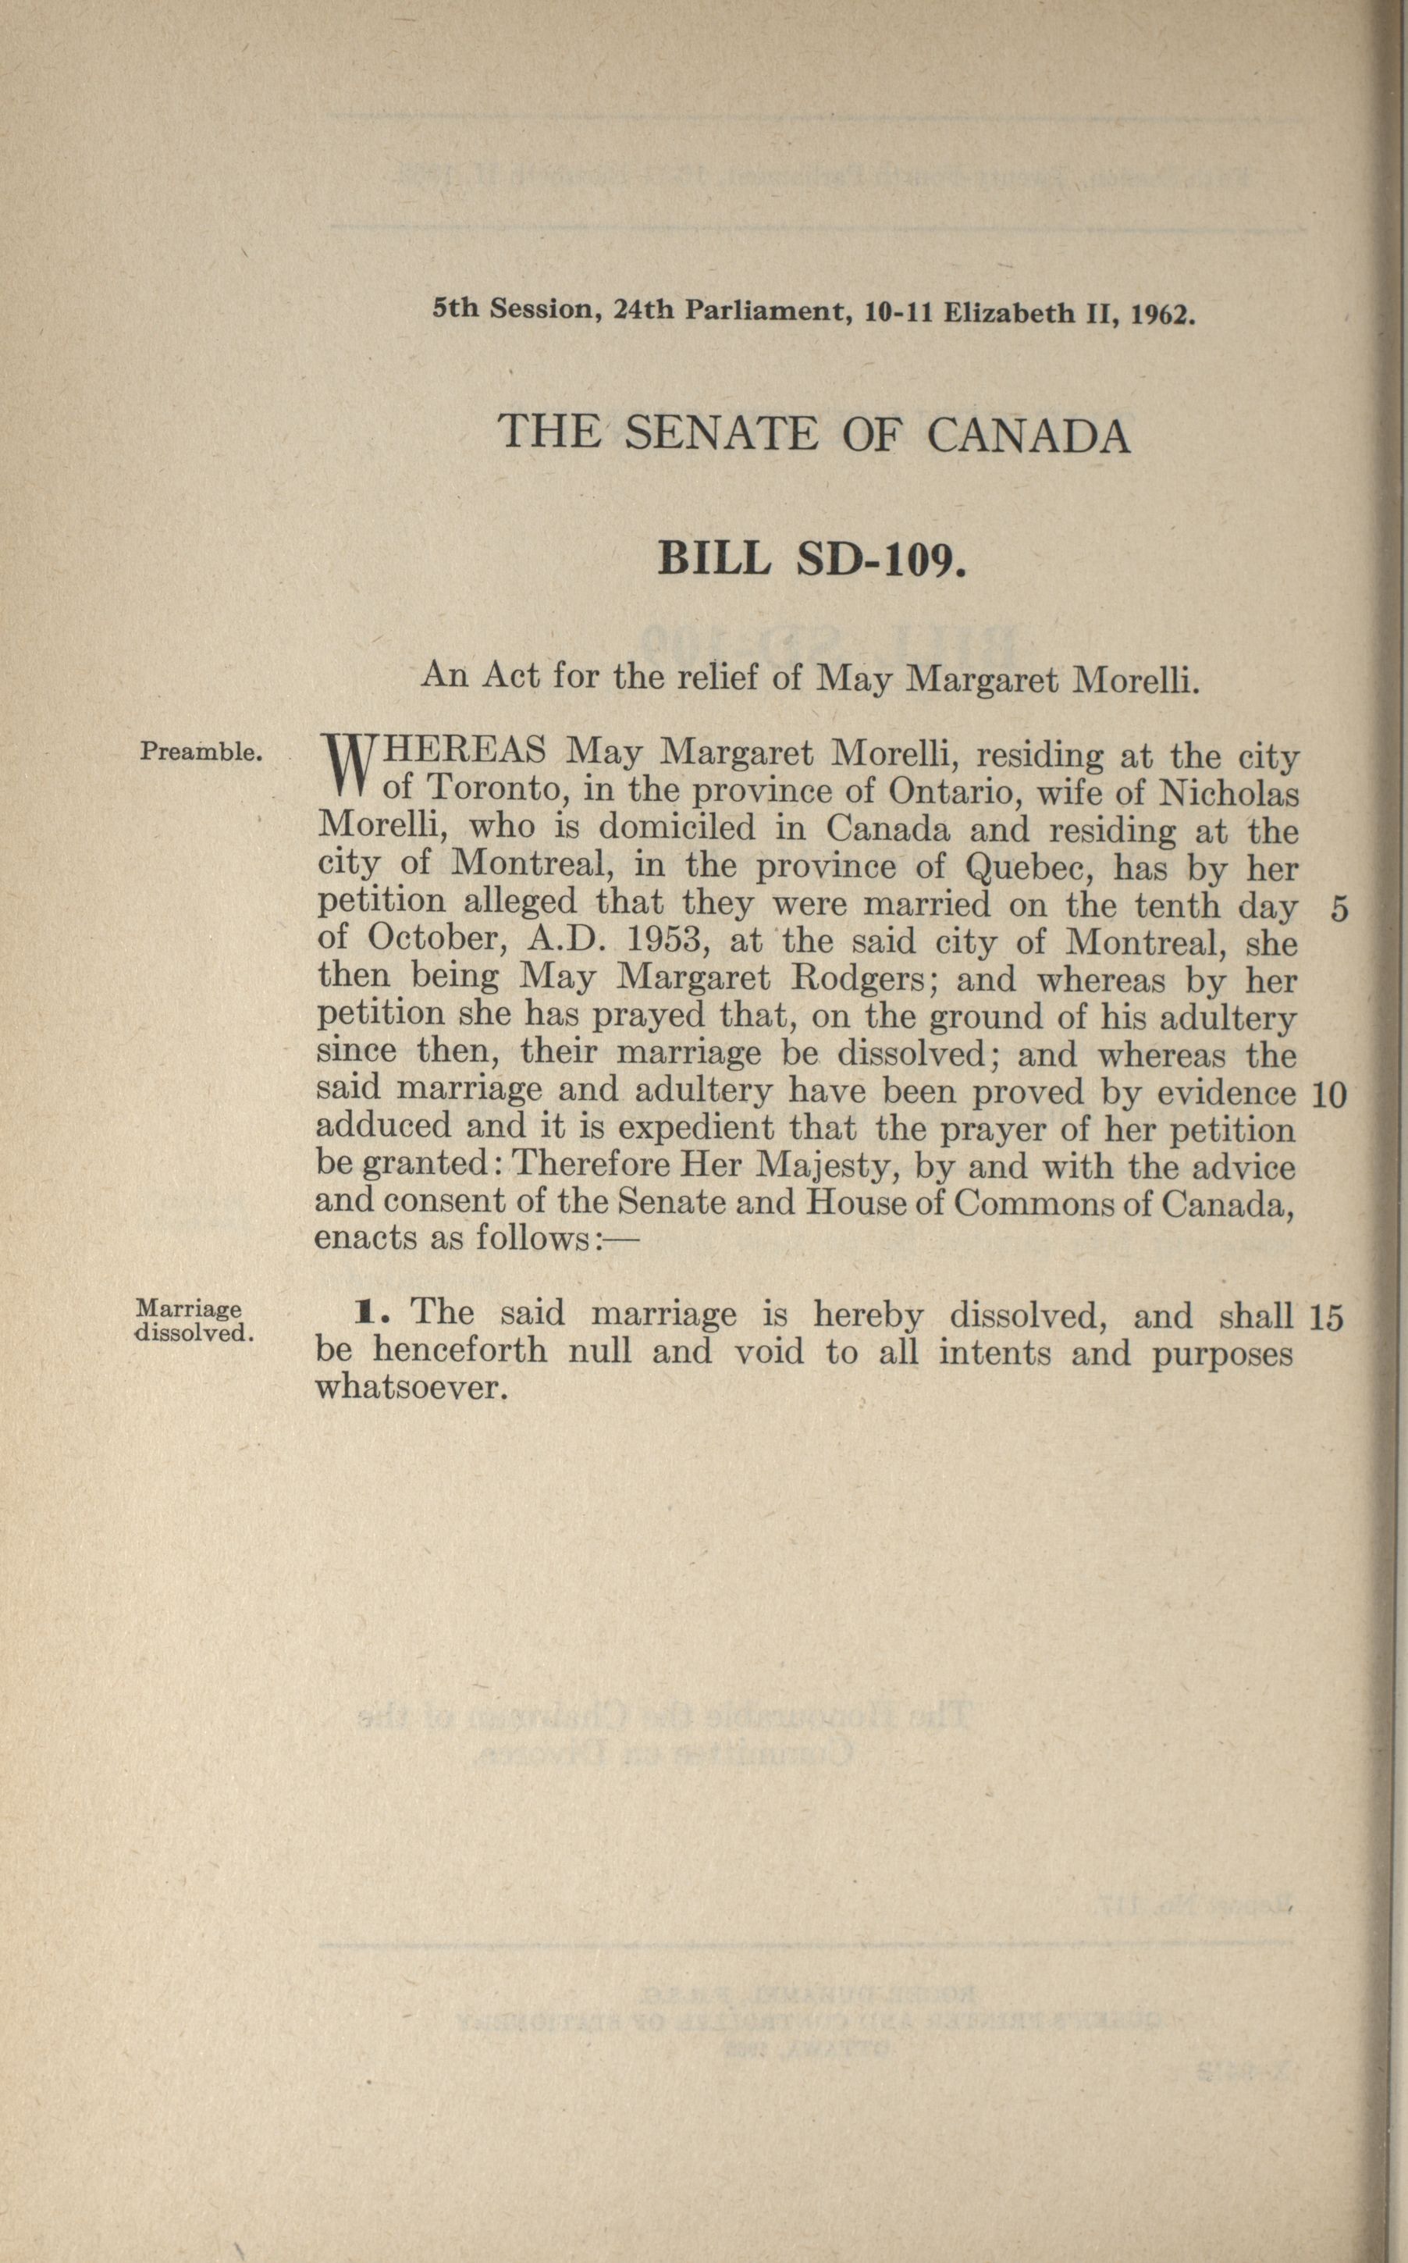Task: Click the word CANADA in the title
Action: tap(1028, 435)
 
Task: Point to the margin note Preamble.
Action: tap(198, 751)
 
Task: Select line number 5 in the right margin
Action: tap(1339, 910)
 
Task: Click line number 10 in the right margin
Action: tap(1328, 1096)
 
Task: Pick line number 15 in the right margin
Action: tap(1326, 1317)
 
